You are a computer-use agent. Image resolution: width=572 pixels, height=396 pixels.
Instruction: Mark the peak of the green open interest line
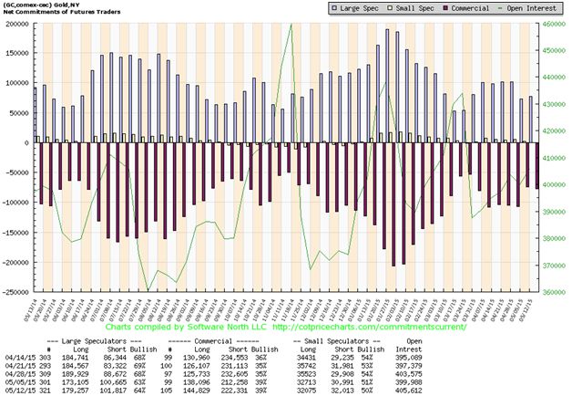pos(291,25)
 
